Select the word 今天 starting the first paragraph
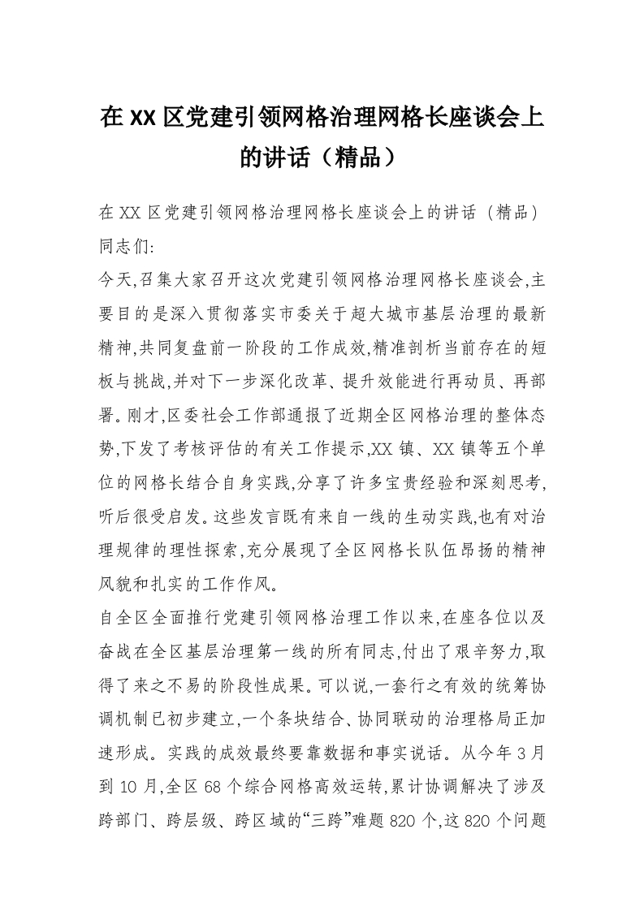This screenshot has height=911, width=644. point(113,281)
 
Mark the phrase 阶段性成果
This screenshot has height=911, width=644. point(247,681)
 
